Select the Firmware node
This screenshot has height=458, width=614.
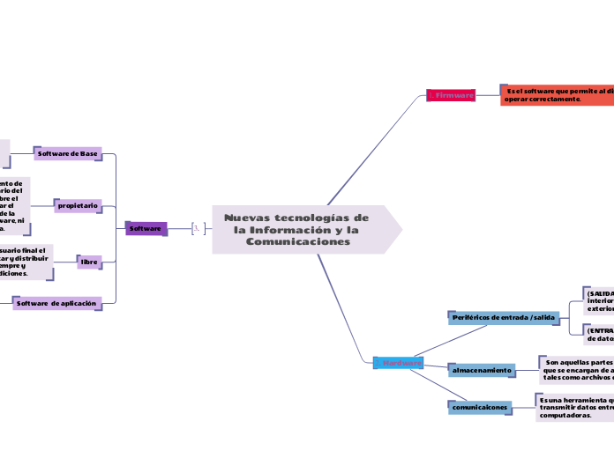point(451,94)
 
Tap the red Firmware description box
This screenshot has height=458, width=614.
point(557,94)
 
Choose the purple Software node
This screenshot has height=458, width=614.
point(146,228)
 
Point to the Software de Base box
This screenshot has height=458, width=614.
point(68,153)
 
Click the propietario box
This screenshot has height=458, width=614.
point(79,204)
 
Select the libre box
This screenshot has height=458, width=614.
point(89,262)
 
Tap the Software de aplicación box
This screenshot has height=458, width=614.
point(57,302)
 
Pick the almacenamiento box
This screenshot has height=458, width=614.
point(482,370)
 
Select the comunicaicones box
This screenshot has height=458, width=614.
point(480,408)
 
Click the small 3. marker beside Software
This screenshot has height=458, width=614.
point(198,228)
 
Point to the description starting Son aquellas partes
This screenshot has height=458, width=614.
point(577,366)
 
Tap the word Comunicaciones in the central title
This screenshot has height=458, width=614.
point(297,241)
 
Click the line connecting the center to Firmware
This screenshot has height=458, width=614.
point(375,148)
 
